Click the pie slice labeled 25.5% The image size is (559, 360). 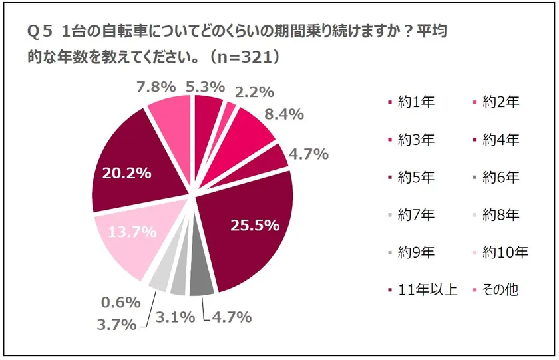246,230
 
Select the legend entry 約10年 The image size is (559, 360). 504,252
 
